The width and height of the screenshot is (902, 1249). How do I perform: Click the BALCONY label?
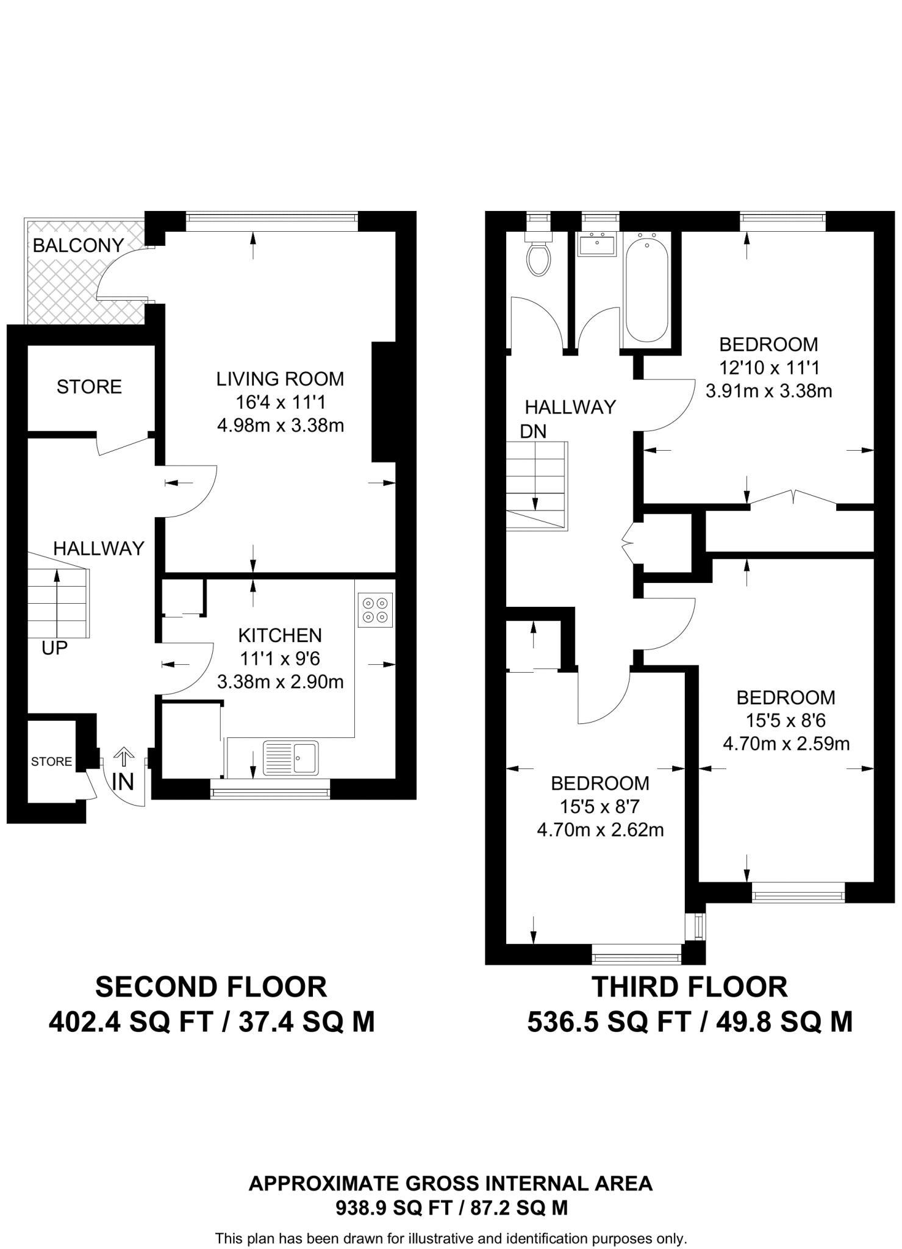[78, 245]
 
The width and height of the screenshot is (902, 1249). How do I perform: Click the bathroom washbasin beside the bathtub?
[597, 245]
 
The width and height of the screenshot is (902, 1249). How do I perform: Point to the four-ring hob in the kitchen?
[375, 610]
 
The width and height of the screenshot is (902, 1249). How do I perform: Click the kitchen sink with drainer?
[291, 757]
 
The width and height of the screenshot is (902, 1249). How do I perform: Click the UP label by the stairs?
[54, 648]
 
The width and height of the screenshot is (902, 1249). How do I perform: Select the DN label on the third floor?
[533, 431]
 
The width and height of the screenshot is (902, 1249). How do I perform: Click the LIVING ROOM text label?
[280, 379]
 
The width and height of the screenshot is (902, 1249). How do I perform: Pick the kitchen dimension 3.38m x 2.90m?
[280, 682]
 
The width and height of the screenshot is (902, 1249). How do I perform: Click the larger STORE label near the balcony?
[89, 387]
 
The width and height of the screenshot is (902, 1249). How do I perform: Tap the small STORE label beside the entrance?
[52, 761]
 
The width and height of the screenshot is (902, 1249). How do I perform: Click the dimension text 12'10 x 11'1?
[768, 368]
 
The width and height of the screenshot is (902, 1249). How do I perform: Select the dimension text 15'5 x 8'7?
[600, 807]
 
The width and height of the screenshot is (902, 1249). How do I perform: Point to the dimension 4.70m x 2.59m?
[786, 744]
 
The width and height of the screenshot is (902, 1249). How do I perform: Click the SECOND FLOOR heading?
[211, 987]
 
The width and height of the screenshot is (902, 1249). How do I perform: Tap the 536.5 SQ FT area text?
[609, 1022]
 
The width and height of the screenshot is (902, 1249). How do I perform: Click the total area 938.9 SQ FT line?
[451, 1208]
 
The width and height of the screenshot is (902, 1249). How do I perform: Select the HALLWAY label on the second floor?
[99, 548]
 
